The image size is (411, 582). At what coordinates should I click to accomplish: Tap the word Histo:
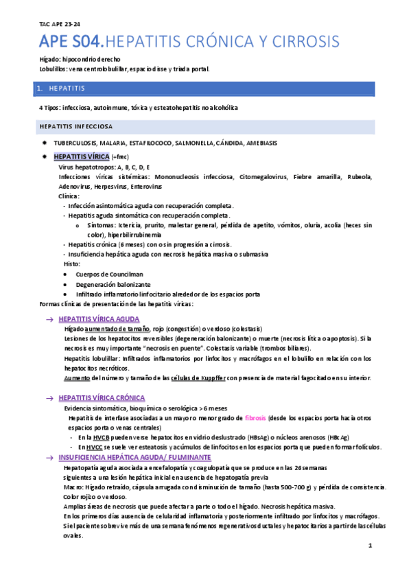tap(71, 264)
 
